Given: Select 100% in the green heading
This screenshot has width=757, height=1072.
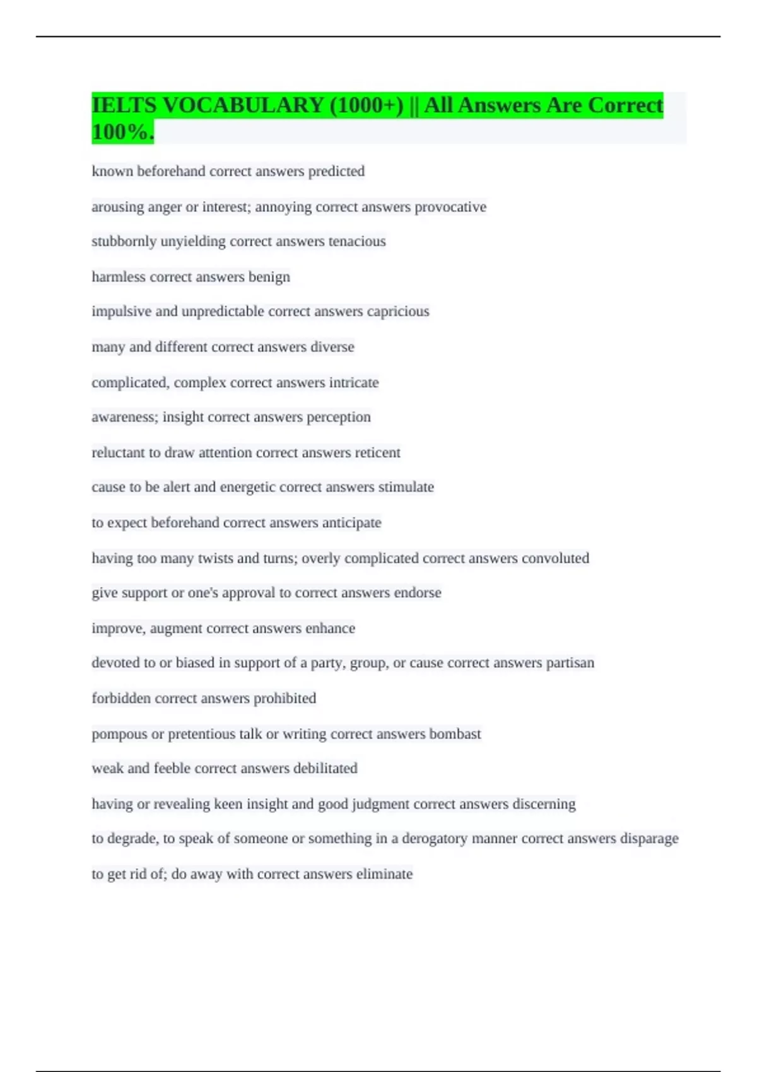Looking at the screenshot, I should point(122,132).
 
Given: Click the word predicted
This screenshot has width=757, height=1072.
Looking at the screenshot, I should point(336,172).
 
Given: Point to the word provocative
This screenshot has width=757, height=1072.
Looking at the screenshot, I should point(450,207).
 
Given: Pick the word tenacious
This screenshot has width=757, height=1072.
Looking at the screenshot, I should point(357,242).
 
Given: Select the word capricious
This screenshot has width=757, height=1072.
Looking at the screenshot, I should point(398,312).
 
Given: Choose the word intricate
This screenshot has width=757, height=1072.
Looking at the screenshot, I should point(354,383).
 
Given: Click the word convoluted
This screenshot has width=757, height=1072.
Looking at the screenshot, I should point(556,558).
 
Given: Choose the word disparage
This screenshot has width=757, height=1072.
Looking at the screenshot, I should point(649,839).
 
